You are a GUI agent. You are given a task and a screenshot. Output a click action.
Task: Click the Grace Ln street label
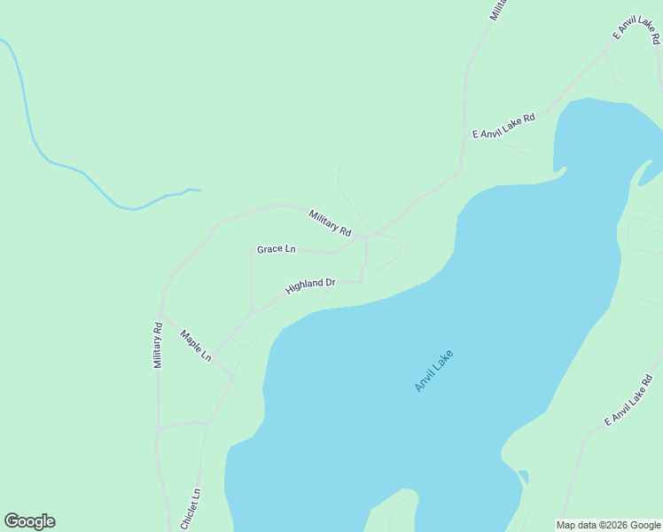click(276, 249)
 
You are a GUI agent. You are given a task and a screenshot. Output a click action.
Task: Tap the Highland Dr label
click(310, 286)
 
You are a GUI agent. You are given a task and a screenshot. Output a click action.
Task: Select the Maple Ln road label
click(196, 345)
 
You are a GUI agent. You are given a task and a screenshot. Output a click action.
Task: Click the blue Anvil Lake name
click(433, 371)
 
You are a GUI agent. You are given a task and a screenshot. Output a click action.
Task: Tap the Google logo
click(29, 521)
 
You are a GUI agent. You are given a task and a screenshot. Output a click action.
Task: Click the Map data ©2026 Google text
click(608, 525)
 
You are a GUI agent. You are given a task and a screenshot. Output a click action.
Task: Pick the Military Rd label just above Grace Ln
click(330, 222)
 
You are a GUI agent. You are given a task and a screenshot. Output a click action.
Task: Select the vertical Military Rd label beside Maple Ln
click(158, 344)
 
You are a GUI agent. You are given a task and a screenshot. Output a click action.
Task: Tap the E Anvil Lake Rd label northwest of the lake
click(503, 126)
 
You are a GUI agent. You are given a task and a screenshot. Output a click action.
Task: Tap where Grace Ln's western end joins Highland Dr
click(252, 312)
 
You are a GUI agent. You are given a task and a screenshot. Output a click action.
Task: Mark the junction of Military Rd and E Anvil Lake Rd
click(461, 168)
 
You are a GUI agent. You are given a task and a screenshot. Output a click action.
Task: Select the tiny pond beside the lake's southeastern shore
click(523, 476)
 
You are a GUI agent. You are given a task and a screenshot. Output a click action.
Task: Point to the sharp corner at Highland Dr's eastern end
click(362, 280)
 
